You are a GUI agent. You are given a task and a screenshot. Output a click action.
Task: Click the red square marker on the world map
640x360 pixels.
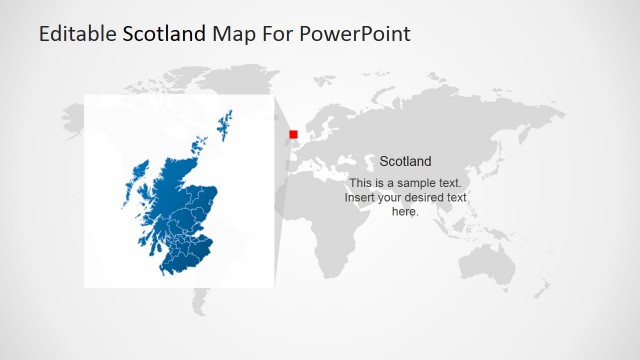point(293,134)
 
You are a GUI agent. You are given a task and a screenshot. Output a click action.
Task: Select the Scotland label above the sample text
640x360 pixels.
point(405,161)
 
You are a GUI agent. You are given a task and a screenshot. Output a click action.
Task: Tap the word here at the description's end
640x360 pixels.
point(404,211)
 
